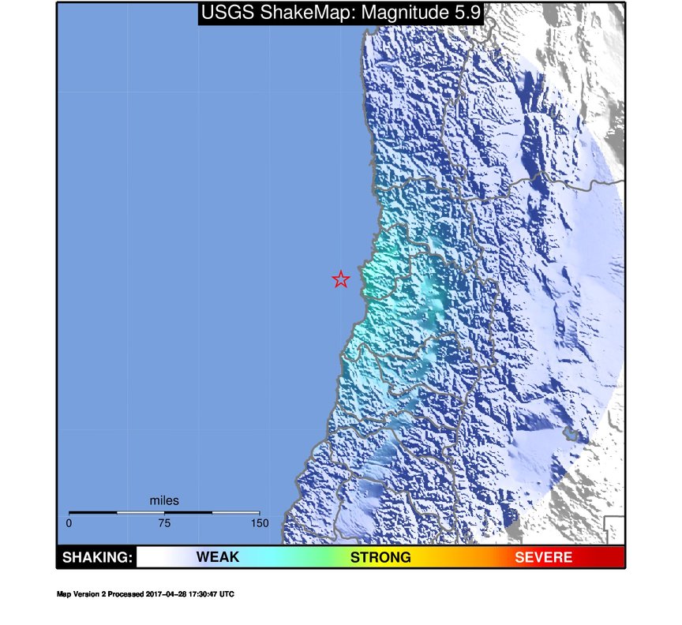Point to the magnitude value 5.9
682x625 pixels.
[x=464, y=13]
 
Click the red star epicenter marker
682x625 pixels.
[x=340, y=279]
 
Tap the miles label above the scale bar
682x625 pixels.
[x=164, y=500]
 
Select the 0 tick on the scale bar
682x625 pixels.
[x=69, y=523]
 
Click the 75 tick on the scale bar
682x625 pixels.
[x=164, y=523]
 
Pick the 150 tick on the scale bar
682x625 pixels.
[x=260, y=523]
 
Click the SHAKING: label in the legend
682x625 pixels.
[x=96, y=558]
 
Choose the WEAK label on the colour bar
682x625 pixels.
[x=217, y=558]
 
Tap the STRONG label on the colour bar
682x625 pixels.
[x=380, y=558]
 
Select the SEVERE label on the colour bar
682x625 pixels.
[x=543, y=558]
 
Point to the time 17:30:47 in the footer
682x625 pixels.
[x=201, y=594]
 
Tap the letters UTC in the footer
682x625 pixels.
[x=227, y=594]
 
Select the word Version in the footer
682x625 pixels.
[x=84, y=594]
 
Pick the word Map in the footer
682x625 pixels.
[x=63, y=594]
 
